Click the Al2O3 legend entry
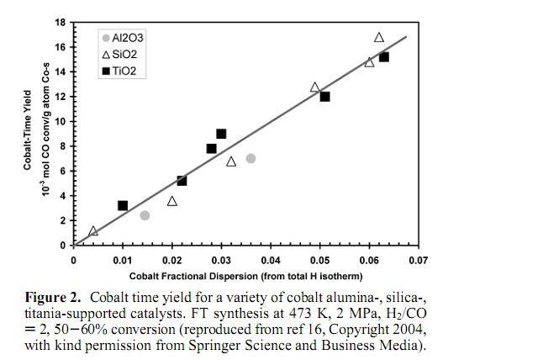[121, 38]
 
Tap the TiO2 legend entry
[121, 71]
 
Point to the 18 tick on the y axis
[60, 22]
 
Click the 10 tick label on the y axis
[60, 121]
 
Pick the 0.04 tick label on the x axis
[270, 261]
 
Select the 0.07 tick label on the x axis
[418, 261]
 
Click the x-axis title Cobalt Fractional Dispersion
[245, 276]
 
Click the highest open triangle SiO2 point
[379, 37]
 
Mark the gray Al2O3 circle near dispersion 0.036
[251, 158]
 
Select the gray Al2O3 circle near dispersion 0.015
[145, 215]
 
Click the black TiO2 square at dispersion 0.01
[123, 205]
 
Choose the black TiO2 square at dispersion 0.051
[324, 97]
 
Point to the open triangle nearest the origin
[93, 230]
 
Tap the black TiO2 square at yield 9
[221, 134]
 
